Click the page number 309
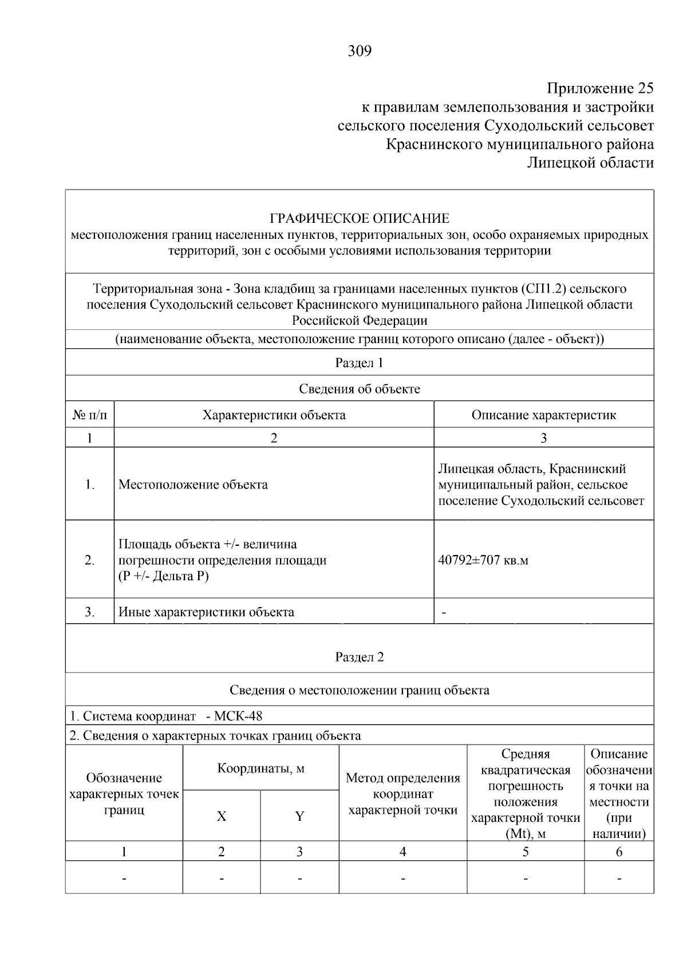(360, 52)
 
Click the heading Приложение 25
(600, 88)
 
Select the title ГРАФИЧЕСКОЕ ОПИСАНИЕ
(360, 218)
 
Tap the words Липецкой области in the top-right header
(590, 163)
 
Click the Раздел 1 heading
(359, 363)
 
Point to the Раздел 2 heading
(359, 657)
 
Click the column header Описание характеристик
(543, 415)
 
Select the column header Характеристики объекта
(274, 415)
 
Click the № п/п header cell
(90, 415)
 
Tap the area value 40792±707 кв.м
(483, 560)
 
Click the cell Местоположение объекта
(193, 485)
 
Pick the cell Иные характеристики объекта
(206, 612)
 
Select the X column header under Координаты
(222, 816)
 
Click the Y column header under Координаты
(299, 816)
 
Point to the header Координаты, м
(260, 768)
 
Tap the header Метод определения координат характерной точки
(402, 794)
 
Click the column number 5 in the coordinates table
(525, 852)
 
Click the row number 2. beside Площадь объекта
(90, 560)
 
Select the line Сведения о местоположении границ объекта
(359, 690)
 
